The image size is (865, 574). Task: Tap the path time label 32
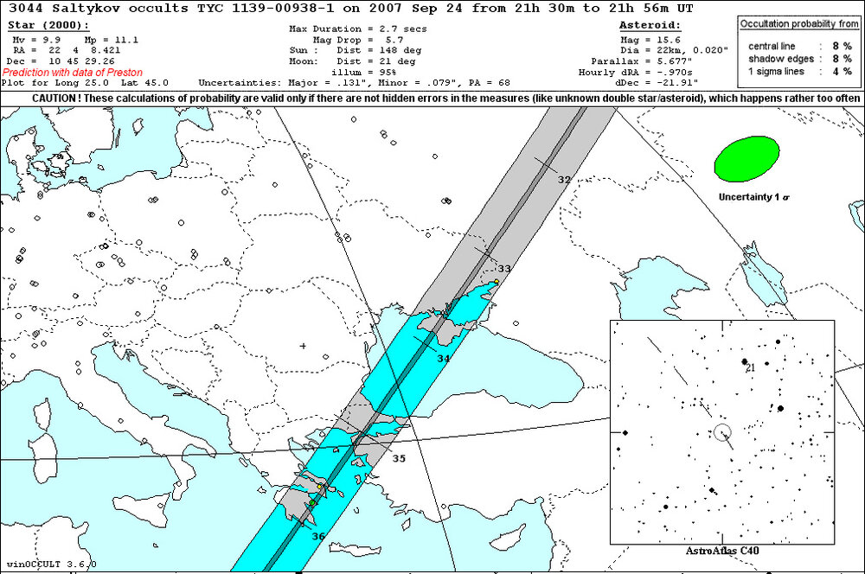pos(564,180)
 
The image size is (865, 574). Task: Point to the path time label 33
pos(504,269)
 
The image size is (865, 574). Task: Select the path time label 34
pos(443,358)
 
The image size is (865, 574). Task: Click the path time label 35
pos(399,458)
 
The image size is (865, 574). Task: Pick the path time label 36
pos(318,537)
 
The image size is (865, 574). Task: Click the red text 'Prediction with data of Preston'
pos(73,73)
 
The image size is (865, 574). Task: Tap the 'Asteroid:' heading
pos(651,26)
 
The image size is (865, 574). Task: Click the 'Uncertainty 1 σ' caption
pos(753,197)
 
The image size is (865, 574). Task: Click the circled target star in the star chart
pos(722,431)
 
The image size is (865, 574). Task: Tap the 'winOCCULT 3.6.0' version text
pos(50,564)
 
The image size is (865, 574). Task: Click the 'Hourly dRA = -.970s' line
pos(639,73)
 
